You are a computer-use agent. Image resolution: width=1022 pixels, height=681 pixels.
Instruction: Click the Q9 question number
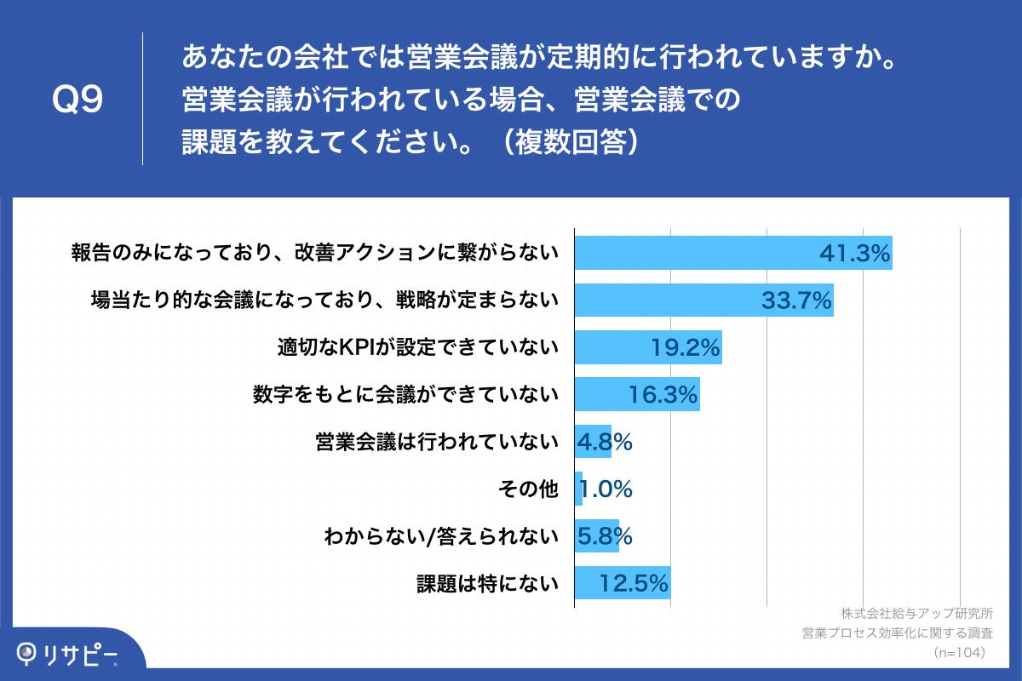pyautogui.click(x=78, y=100)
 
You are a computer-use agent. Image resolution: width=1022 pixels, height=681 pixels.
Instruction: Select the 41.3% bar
pyautogui.click(x=732, y=253)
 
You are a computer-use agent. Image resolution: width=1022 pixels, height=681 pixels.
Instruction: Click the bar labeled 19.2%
pyautogui.click(x=647, y=347)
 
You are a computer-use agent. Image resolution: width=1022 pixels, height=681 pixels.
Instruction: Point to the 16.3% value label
pyautogui.click(x=663, y=394)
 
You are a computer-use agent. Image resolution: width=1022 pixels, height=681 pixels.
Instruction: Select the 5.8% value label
pyautogui.click(x=605, y=536)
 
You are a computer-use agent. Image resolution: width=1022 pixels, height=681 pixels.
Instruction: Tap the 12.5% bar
pyautogui.click(x=622, y=584)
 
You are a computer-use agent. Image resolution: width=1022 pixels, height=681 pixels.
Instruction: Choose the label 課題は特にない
pyautogui.click(x=487, y=584)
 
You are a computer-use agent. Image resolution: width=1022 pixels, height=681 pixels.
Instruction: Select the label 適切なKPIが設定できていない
pyautogui.click(x=417, y=347)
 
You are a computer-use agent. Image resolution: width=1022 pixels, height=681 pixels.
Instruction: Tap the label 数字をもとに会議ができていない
pyautogui.click(x=405, y=394)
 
